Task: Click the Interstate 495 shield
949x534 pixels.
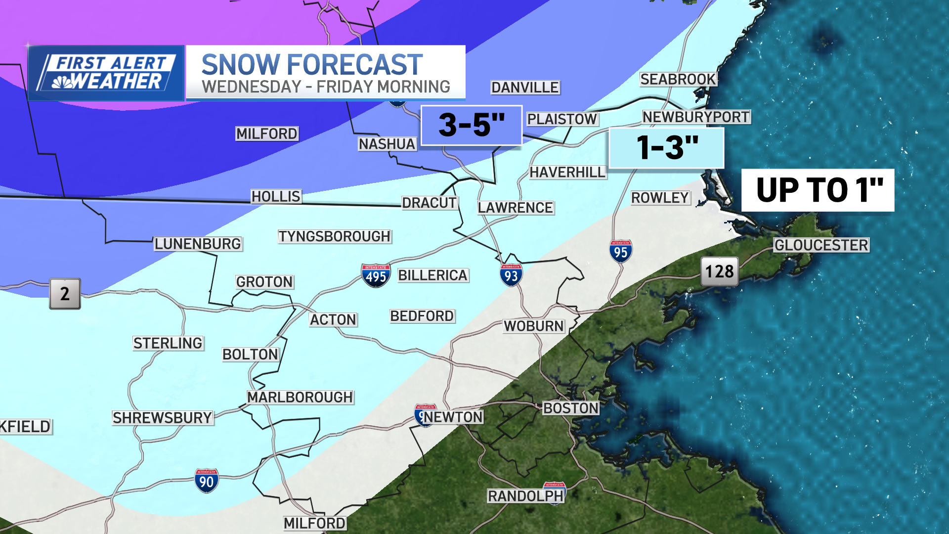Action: click(376, 275)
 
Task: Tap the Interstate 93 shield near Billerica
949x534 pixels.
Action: click(511, 274)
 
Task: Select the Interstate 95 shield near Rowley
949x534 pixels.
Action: click(620, 251)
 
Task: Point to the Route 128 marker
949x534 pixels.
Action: click(719, 271)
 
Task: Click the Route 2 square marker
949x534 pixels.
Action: click(65, 294)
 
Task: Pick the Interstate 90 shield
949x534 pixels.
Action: click(206, 481)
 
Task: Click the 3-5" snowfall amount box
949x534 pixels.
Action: click(471, 125)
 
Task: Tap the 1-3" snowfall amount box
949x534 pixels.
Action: click(666, 148)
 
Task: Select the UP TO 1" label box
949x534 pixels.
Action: click(818, 190)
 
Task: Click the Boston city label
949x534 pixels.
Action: click(571, 408)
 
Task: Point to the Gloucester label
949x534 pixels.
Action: click(821, 245)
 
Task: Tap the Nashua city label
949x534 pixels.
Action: click(387, 144)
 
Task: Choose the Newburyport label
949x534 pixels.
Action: click(696, 117)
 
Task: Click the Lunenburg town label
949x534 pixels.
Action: click(198, 244)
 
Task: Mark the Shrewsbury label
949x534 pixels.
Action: click(163, 418)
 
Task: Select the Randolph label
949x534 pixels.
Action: click(525, 496)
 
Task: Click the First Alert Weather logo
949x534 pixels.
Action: click(106, 73)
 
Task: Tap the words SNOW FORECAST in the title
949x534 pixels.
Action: click(312, 65)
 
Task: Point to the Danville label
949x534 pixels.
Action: click(525, 88)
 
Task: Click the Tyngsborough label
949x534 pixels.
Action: click(335, 236)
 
